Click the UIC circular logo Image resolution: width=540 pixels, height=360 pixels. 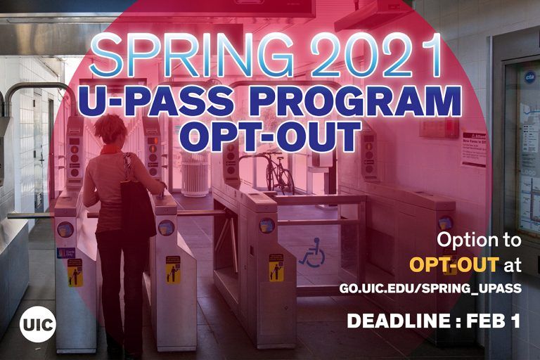pyautogui.click(x=38, y=325)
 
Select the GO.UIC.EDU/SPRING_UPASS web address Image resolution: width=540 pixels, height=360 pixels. pyautogui.click(x=430, y=289)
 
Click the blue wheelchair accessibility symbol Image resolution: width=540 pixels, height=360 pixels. pyautogui.click(x=312, y=254)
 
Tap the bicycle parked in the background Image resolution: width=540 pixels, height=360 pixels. pyautogui.click(x=278, y=173)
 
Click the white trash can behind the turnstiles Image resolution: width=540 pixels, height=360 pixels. pyautogui.click(x=195, y=174)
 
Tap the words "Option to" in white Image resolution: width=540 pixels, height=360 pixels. pyautogui.click(x=479, y=239)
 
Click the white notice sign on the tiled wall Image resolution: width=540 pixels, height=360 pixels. pyautogui.click(x=473, y=148)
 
